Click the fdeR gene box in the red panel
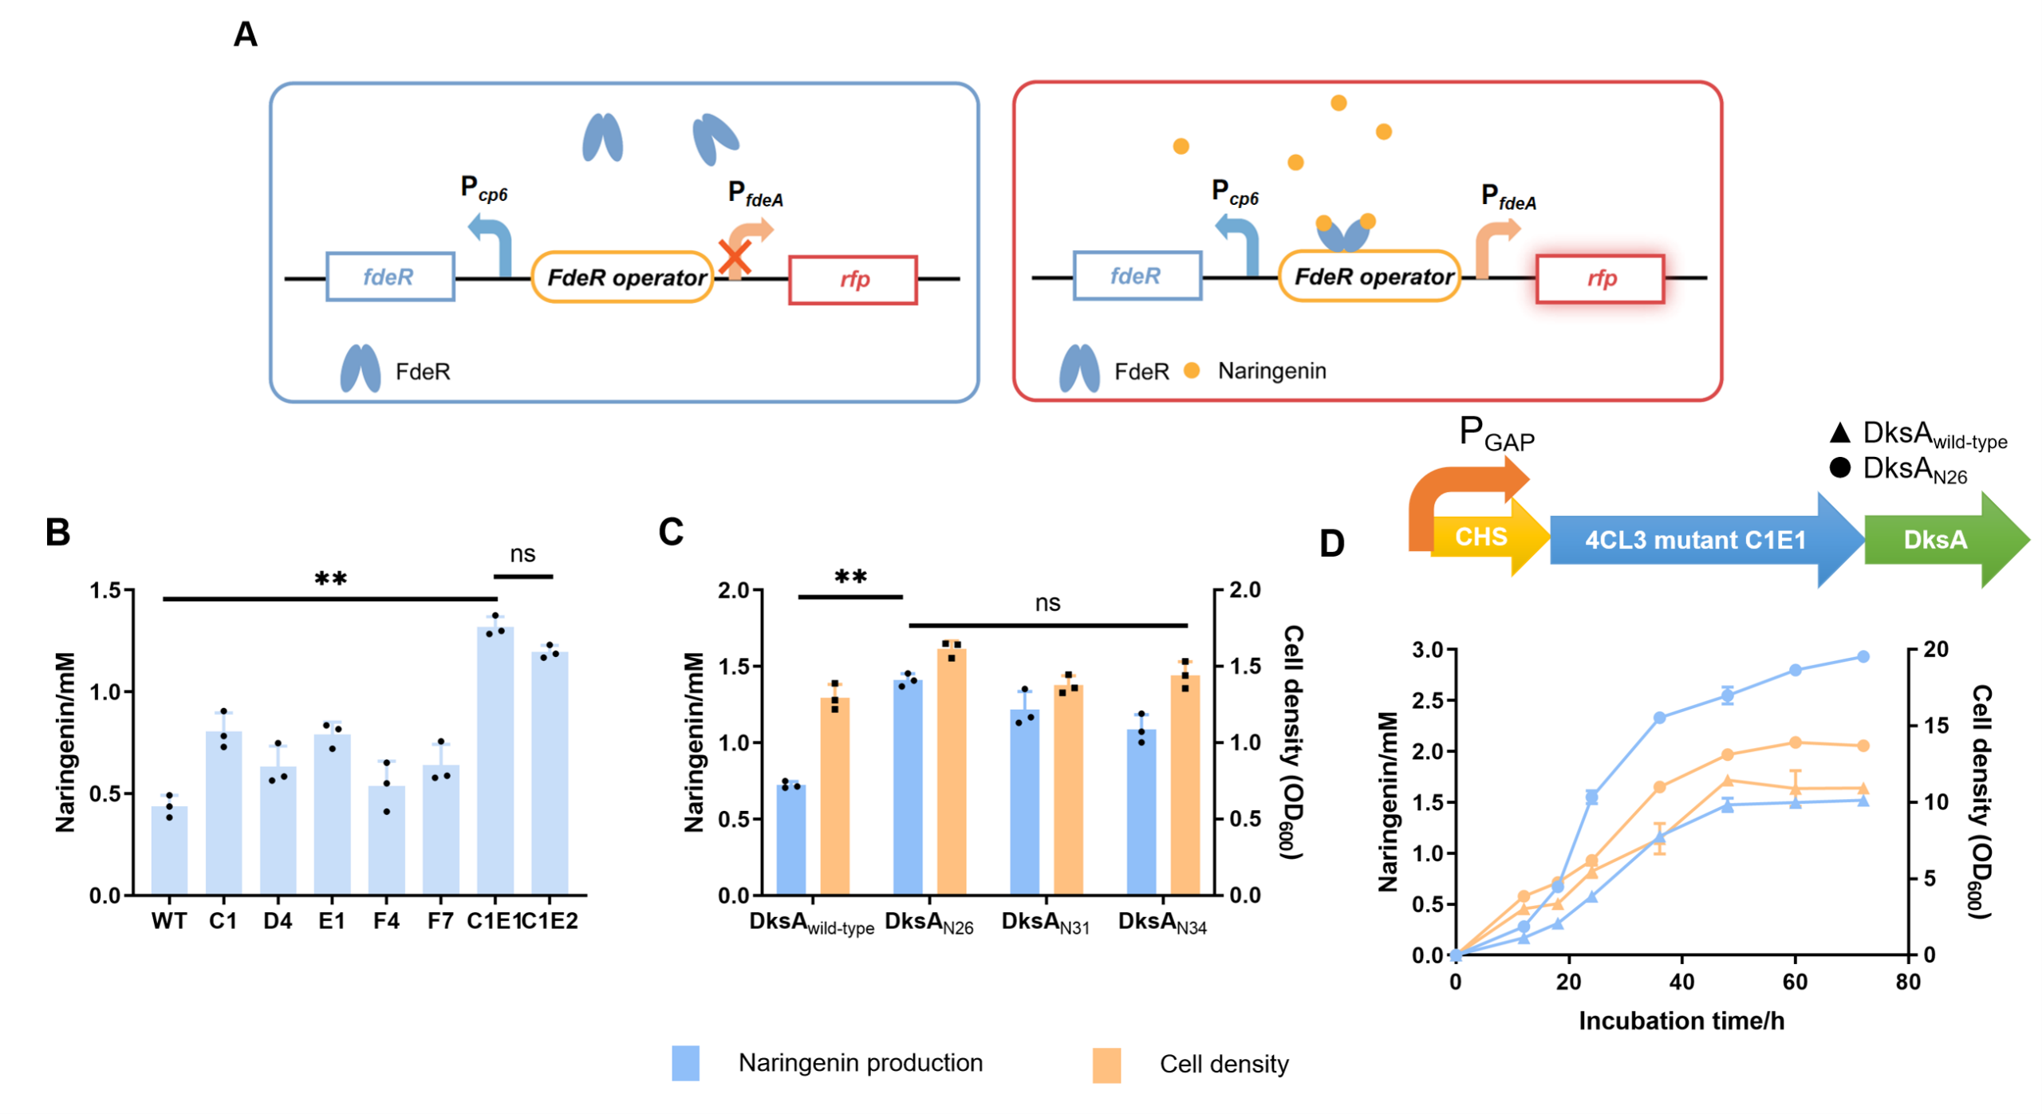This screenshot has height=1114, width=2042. [1137, 276]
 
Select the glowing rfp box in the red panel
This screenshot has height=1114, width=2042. [1600, 278]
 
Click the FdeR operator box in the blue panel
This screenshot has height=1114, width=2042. [623, 278]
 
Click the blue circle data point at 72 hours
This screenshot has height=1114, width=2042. [1863, 656]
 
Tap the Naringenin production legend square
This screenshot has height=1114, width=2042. [685, 1063]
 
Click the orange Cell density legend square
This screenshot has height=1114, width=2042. [1106, 1065]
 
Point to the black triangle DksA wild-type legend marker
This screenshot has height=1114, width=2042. [1839, 433]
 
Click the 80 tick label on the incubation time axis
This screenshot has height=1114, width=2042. [1908, 982]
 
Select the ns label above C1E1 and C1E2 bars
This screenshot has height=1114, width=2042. [522, 554]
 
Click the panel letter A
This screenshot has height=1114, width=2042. [246, 34]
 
